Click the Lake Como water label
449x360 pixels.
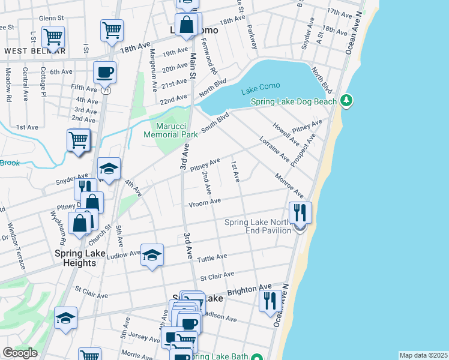(258, 91)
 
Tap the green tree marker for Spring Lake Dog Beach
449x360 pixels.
(346, 101)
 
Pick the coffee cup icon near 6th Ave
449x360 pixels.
(104, 73)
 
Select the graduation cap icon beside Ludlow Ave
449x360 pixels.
(152, 255)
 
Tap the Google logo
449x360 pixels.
(20, 353)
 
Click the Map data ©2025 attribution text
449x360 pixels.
(423, 355)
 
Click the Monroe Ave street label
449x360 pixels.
(289, 187)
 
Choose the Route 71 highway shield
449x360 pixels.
(106, 90)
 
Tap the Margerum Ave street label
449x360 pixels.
(154, 70)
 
